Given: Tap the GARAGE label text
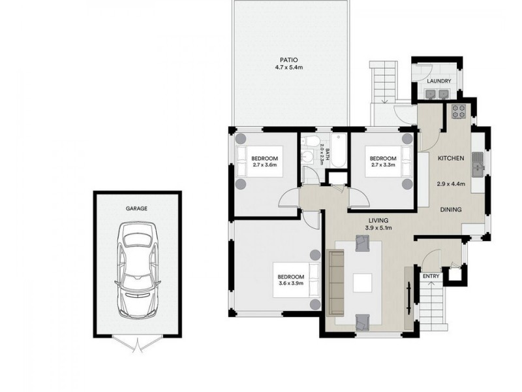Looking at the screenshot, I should (137, 208).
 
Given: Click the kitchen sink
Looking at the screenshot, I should (477, 164).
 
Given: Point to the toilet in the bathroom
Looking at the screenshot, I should (312, 142).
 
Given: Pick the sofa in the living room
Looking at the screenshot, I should (335, 282).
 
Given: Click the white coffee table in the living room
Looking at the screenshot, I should (362, 282).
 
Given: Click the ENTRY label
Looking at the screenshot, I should (431, 276).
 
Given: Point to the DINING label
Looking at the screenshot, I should (450, 210).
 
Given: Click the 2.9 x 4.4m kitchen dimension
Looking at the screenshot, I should (450, 184).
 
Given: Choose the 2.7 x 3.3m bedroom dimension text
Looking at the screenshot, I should (382, 165).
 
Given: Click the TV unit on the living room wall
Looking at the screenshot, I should (409, 297).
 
